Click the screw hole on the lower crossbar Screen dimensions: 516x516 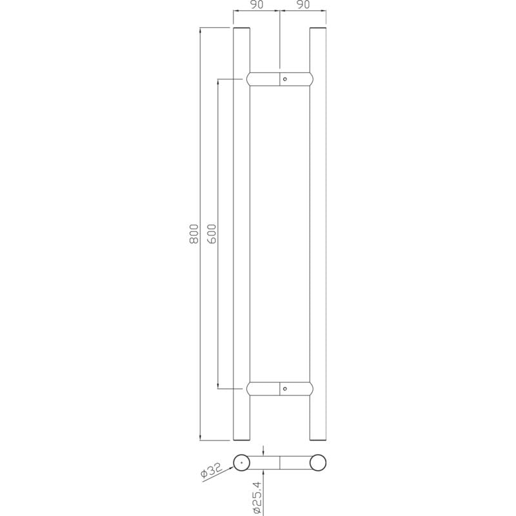tap(286, 389)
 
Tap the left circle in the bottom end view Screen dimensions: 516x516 tap(242, 463)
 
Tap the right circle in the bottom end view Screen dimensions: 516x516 tap(318, 463)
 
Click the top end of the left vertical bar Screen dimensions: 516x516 tap(241, 29)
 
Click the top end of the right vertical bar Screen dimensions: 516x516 tap(318, 29)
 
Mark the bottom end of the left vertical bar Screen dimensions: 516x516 tap(241, 439)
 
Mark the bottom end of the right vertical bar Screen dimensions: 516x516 tap(318, 439)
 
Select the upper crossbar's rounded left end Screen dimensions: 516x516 tap(248, 79)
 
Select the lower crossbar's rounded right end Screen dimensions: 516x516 tap(312, 389)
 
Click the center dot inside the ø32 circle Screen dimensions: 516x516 tap(242, 463)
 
